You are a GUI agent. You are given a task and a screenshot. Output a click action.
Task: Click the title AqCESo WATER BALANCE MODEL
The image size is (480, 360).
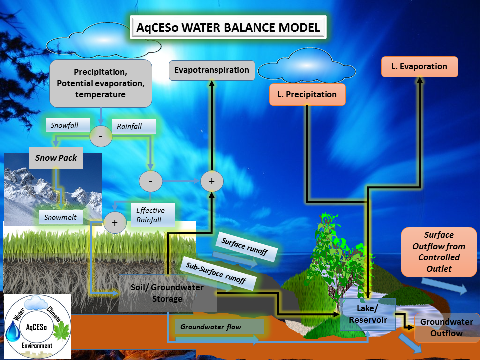point(228,27)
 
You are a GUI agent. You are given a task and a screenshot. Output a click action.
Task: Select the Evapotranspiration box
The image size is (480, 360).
point(212,70)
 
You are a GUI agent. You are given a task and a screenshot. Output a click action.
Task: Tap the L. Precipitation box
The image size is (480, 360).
point(307,95)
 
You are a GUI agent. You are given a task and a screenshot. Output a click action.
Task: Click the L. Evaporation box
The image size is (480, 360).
point(419,67)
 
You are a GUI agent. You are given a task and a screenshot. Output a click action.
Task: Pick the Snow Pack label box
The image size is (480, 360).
point(55,158)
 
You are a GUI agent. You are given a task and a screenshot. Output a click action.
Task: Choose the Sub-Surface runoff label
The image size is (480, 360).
point(218,273)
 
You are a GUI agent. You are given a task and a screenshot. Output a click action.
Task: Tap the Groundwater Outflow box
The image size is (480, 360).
point(440,328)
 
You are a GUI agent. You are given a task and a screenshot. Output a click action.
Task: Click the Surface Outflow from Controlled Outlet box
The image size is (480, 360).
point(439,251)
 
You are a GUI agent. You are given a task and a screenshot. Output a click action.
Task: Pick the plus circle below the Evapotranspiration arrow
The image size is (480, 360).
point(211,181)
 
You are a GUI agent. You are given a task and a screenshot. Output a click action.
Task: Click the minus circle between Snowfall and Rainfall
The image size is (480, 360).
point(100,136)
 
